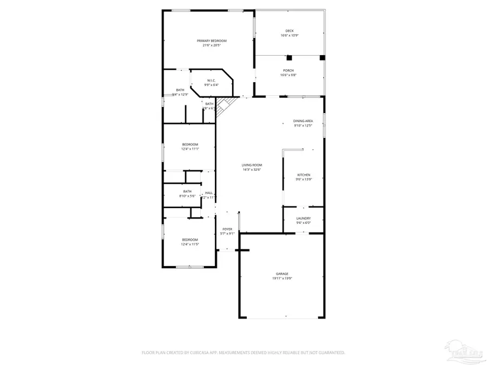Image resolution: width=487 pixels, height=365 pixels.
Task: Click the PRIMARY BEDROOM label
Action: (211, 41)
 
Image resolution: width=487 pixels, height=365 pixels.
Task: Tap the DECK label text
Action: (289, 31)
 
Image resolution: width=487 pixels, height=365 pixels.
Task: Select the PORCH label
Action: (288, 71)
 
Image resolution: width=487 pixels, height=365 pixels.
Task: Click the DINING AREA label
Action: (303, 121)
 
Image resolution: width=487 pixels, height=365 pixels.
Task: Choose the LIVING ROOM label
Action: (252, 165)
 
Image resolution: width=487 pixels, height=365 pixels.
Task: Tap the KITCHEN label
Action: (304, 175)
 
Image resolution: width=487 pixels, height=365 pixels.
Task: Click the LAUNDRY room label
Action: (303, 218)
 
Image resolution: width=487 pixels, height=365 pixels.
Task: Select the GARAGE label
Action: (281, 274)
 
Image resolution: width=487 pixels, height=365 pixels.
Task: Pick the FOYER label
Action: (227, 229)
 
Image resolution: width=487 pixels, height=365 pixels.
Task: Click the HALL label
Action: (208, 193)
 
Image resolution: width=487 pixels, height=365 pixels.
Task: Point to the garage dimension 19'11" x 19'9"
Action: (281, 279)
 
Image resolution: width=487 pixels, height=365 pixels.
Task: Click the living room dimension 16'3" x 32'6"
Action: (252, 170)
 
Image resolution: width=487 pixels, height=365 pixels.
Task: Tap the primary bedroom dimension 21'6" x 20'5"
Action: (211, 45)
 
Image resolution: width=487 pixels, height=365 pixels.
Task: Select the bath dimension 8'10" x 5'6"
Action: (187, 196)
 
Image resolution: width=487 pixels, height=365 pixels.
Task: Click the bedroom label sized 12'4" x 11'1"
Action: (190, 144)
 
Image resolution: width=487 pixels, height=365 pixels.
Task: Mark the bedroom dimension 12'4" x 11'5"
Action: (190, 244)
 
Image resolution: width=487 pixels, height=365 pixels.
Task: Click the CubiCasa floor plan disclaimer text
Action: (243, 353)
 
